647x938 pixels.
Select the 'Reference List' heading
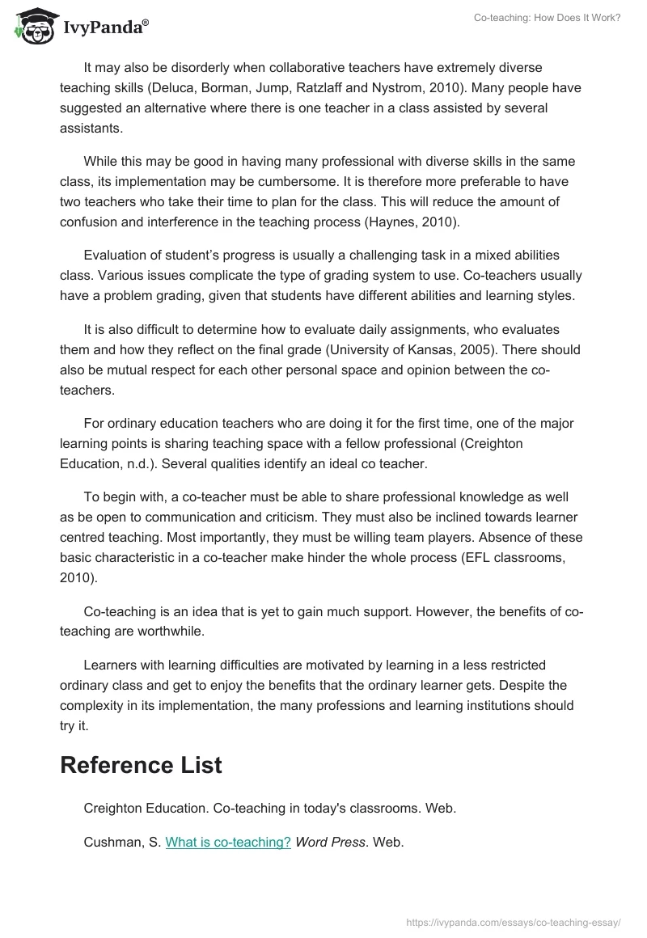click(141, 765)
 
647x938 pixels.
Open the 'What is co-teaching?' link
click(228, 842)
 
